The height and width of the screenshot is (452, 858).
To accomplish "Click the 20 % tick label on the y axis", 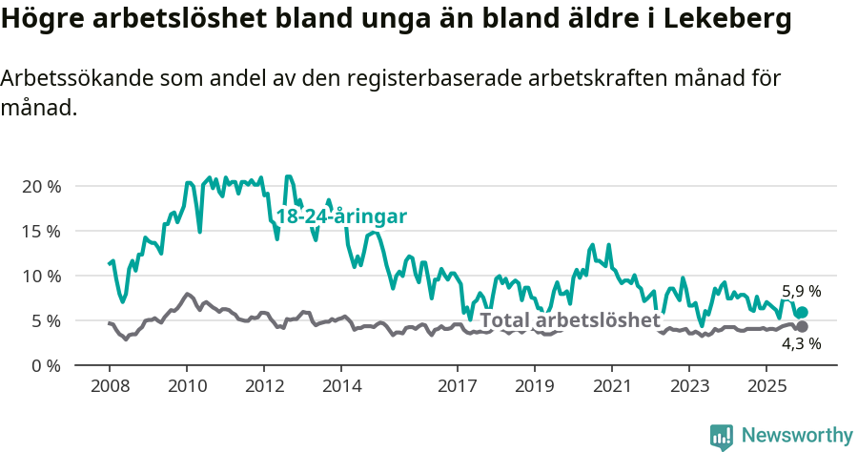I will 41,186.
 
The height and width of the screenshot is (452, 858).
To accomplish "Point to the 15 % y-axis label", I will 41,231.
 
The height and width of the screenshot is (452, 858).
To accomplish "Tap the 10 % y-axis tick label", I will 41,276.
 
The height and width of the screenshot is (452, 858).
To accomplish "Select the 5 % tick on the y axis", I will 45,320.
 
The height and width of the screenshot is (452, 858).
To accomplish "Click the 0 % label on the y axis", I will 45,365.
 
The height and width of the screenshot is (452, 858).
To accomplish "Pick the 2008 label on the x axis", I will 109,386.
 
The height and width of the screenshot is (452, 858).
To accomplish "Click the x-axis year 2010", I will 186,386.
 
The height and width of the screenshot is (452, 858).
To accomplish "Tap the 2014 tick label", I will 341,386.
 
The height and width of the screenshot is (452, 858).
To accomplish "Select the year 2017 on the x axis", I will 457,386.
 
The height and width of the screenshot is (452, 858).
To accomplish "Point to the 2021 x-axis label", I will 611,386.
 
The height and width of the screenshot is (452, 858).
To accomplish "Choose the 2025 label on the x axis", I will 766,386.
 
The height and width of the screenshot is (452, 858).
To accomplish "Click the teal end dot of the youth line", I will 802,313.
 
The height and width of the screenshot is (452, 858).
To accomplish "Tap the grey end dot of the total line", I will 802,327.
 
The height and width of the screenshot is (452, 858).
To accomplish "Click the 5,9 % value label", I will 801,292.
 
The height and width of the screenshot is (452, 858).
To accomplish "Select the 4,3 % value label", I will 801,344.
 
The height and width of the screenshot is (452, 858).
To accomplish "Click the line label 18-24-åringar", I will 341,216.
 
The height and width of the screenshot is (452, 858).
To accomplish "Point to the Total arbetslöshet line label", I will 569,320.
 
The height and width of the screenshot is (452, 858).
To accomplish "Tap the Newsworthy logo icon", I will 722,437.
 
